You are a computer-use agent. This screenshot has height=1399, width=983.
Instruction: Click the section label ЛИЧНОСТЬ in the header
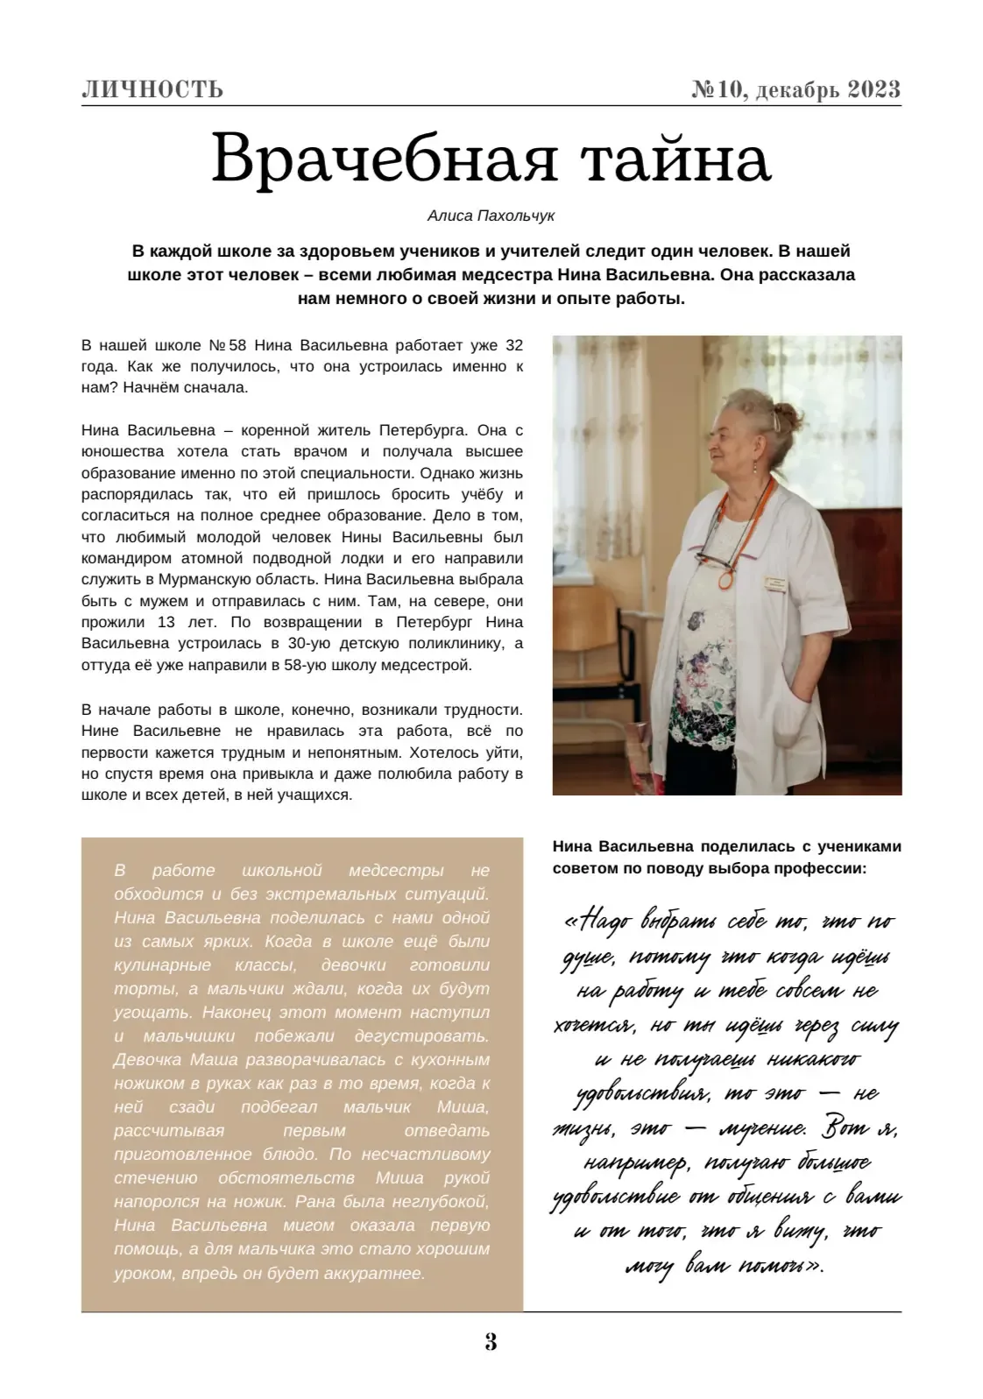click(152, 89)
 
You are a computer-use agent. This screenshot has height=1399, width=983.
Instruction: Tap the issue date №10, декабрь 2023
click(796, 89)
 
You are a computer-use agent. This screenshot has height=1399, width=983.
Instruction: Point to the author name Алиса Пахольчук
click(491, 215)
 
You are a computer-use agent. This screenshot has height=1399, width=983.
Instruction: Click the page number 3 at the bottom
click(491, 1341)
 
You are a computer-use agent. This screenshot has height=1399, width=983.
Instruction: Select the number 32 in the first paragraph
click(513, 345)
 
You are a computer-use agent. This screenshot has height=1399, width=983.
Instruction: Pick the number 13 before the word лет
click(166, 622)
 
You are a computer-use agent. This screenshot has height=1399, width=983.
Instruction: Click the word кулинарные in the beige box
click(162, 965)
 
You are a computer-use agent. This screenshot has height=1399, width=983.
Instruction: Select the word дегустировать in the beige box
click(424, 1036)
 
